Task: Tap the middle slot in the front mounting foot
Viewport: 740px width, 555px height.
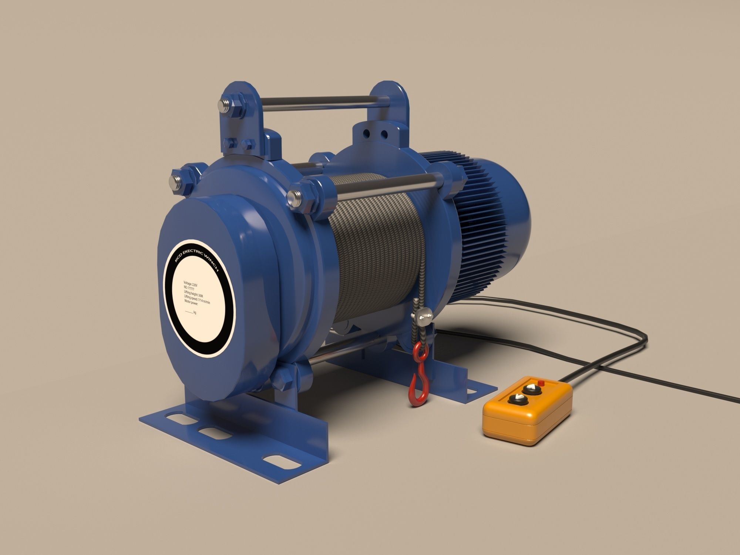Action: (x=209, y=432)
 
